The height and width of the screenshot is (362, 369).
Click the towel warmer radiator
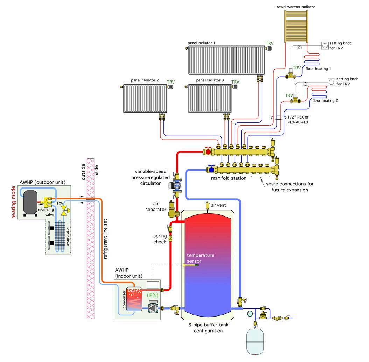(296, 26)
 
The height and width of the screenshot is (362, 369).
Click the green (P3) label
(153, 295)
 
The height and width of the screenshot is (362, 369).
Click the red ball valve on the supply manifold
(208, 152)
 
